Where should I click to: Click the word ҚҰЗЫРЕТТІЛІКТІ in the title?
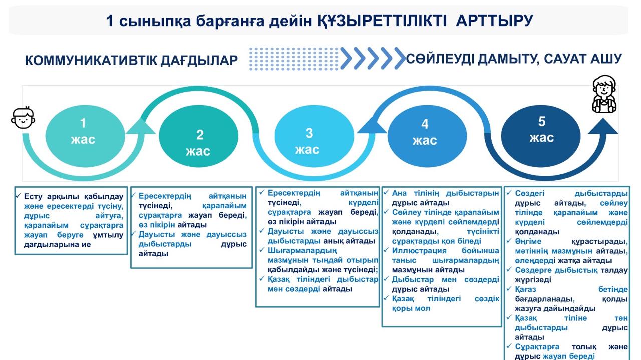pyautogui.click(x=382, y=21)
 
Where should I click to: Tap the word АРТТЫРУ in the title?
pyautogui.click(x=494, y=21)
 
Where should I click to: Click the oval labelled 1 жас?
pyautogui.click(x=85, y=136)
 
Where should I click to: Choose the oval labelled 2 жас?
pyautogui.click(x=199, y=136)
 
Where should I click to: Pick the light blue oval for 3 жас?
pyautogui.click(x=314, y=136)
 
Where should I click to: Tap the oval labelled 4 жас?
pyautogui.click(x=427, y=136)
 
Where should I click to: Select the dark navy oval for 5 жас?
pyautogui.click(x=541, y=136)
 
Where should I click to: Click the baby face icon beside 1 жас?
pyautogui.click(x=23, y=117)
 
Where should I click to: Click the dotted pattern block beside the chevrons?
pyautogui.click(x=294, y=59)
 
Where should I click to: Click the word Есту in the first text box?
pyautogui.click(x=33, y=197)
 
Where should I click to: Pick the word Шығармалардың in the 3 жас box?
pyautogui.click(x=302, y=251)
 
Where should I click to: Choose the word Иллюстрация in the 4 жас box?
pyautogui.click(x=419, y=251)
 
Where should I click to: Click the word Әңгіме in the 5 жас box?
pyautogui.click(x=528, y=241)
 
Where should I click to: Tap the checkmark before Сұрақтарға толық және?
pyautogui.click(x=509, y=346)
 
